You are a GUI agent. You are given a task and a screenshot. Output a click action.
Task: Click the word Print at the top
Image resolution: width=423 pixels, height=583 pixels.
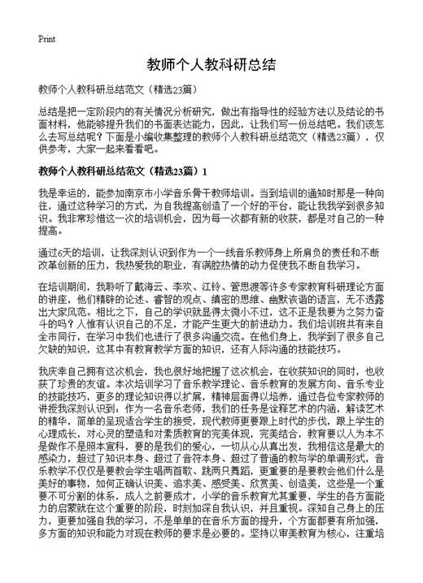point(46,39)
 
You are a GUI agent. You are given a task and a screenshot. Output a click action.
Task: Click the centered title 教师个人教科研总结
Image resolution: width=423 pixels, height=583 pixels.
point(211,64)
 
